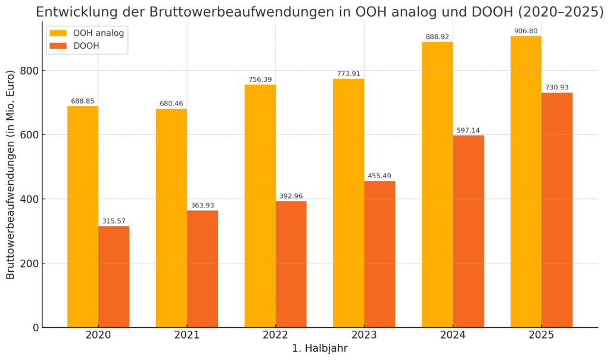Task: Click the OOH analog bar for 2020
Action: (83, 217)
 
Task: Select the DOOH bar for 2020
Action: (114, 277)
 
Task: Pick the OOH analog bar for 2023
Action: (348, 203)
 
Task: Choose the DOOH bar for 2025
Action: (557, 210)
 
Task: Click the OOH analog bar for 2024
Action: (437, 185)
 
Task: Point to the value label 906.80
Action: (525, 31)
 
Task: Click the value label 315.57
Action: (114, 221)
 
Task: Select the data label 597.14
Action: (468, 131)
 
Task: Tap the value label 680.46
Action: (172, 104)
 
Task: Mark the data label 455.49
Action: (379, 176)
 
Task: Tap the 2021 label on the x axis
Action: (187, 336)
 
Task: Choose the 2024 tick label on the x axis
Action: (453, 336)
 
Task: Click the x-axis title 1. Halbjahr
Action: (319, 349)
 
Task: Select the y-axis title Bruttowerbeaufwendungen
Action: (11, 175)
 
